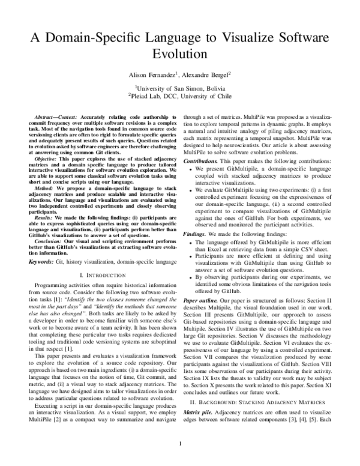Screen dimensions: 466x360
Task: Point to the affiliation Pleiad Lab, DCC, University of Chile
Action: [181, 95]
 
